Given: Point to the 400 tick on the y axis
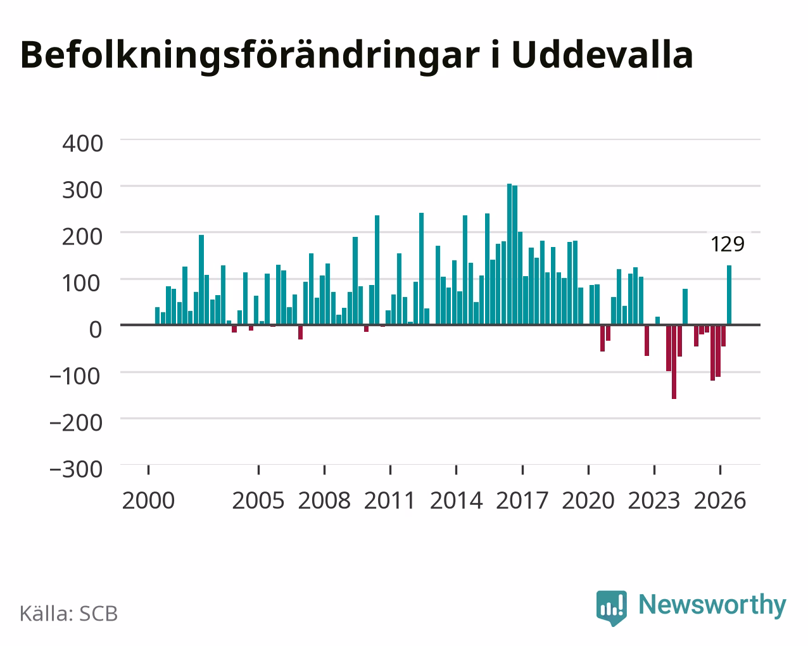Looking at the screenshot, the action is tap(82, 144).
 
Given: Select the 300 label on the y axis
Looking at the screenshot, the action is tap(82, 191).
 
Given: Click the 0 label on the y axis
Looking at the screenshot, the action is tap(96, 330).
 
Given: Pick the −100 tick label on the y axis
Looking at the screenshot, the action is tap(76, 376).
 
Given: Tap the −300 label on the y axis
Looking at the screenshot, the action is tap(76, 469).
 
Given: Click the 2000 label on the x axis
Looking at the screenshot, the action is tap(148, 500).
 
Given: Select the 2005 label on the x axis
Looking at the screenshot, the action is tap(258, 500).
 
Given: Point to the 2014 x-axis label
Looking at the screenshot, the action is tap(456, 500).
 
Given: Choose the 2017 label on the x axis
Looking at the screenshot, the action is tap(522, 500).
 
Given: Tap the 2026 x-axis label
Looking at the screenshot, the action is tap(720, 500).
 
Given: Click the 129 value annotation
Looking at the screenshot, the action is tap(728, 244).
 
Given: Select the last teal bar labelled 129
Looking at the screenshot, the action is tap(729, 295).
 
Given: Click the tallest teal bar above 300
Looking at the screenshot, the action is tap(510, 254).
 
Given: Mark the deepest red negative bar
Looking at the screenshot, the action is tap(674, 362).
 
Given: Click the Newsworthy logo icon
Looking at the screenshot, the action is tap(612, 608).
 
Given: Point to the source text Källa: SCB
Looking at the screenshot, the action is tap(69, 614).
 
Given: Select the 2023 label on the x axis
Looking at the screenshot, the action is tap(654, 500).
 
